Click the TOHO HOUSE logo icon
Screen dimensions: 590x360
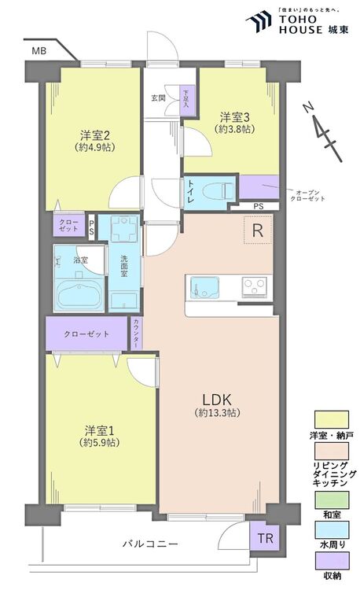[257, 21]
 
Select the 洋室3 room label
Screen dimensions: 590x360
[233, 116]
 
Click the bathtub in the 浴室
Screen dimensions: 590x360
[77, 295]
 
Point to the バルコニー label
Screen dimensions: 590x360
[149, 544]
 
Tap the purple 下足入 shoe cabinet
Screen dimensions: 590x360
[187, 101]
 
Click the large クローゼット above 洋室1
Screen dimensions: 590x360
[87, 334]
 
